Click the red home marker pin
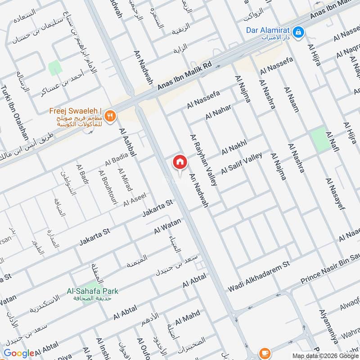point(180,162)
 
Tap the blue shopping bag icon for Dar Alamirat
point(298,32)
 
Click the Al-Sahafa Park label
point(93,291)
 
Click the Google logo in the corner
point(18,354)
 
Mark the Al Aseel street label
point(135,200)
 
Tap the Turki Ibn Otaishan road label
point(15,112)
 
